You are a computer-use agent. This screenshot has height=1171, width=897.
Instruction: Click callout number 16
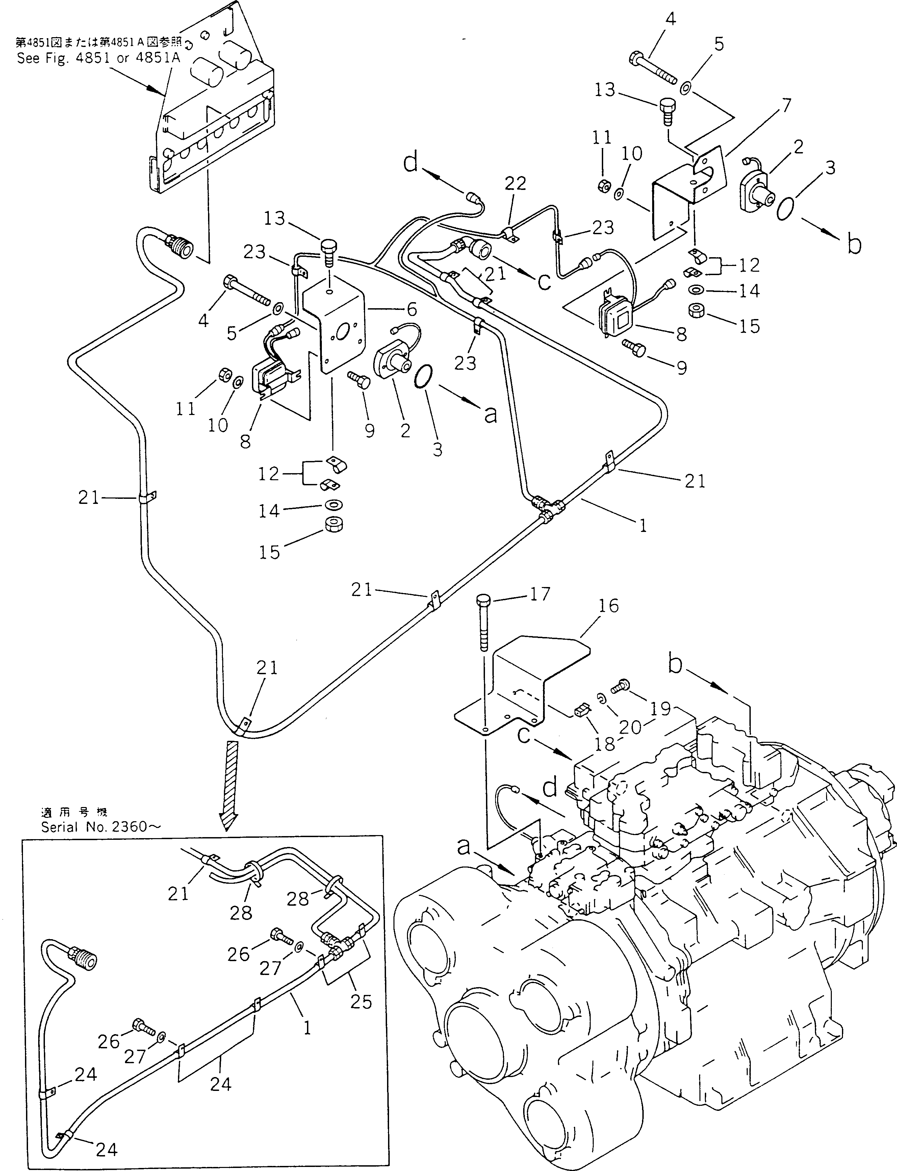[608, 606]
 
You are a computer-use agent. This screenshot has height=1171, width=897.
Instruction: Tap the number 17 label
[539, 593]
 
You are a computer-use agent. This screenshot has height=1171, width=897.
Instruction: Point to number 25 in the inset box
[361, 1001]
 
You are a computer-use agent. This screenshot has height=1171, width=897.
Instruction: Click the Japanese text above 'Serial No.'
[74, 812]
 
